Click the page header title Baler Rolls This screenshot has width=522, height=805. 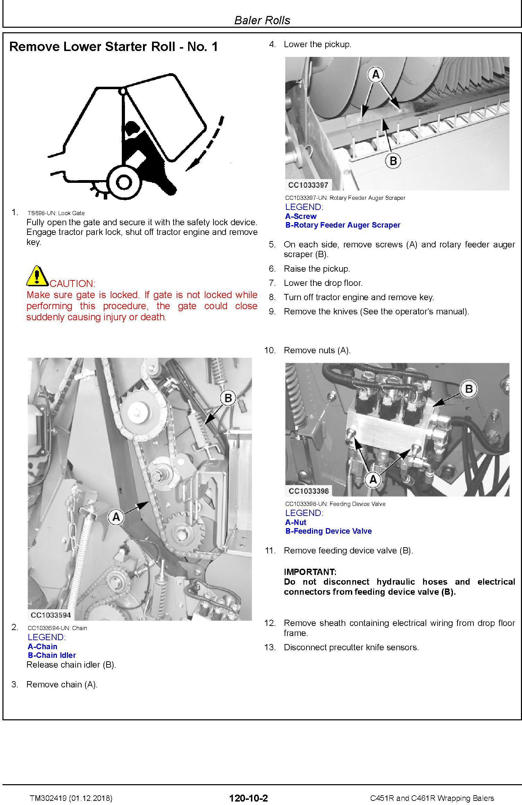[262, 20]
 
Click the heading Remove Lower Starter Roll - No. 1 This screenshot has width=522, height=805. [113, 46]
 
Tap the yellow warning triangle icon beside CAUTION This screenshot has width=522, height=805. [37, 276]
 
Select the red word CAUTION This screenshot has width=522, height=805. [72, 283]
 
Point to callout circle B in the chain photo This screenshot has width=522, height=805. [228, 398]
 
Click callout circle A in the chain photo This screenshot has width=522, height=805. [116, 517]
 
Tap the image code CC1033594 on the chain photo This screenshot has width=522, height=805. [51, 615]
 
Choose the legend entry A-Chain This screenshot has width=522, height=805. [42, 646]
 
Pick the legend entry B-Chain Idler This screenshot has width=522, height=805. [52, 655]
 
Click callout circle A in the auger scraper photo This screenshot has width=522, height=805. [376, 74]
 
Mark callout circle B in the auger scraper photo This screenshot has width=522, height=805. [393, 161]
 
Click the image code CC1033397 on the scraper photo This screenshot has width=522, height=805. [308, 185]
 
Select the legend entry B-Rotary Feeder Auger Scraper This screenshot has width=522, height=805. [343, 225]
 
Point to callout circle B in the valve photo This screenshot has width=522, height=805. [469, 389]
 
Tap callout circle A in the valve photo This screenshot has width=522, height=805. [373, 479]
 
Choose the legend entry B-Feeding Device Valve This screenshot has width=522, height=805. [328, 531]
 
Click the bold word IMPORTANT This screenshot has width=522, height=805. [310, 572]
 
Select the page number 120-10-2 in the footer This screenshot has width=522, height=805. [249, 798]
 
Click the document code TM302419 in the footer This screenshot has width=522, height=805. [49, 798]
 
